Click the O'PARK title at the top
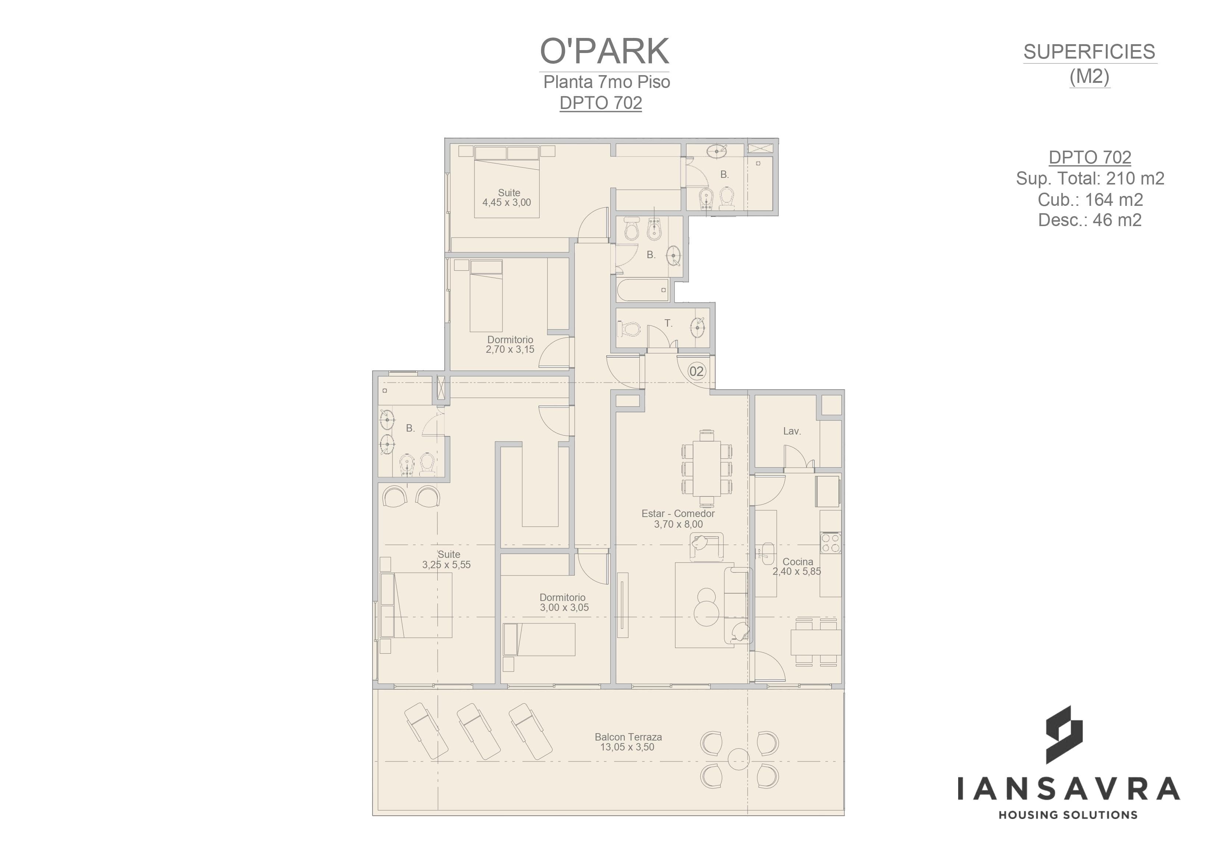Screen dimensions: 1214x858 click(x=604, y=51)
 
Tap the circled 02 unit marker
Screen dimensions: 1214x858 click(x=696, y=371)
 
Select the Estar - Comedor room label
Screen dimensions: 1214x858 click(x=678, y=513)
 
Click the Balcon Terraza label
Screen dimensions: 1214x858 click(x=628, y=737)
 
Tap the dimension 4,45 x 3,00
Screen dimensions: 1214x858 click(x=507, y=203)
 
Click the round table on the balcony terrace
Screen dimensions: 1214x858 click(x=739, y=759)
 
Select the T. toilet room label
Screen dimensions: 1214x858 click(x=668, y=323)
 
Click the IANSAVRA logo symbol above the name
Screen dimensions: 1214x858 click(x=1064, y=735)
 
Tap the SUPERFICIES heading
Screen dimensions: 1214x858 click(x=1089, y=52)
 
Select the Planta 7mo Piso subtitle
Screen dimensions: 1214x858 click(x=607, y=82)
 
